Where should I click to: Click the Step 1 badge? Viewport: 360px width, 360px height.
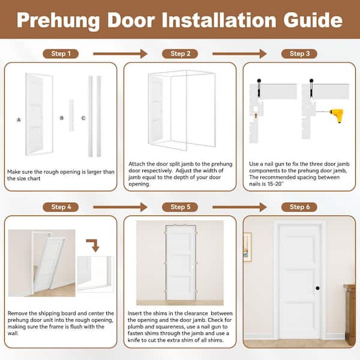tap(61, 54)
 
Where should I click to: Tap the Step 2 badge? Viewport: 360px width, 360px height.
tap(180, 54)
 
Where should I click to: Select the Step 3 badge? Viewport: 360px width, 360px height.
tap(299, 54)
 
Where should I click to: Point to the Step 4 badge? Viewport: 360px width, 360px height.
tap(61, 207)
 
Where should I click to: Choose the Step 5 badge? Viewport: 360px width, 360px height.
tap(180, 207)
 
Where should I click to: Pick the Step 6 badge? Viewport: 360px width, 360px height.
tap(299, 207)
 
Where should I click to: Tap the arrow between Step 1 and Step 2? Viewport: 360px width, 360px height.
tap(120, 54)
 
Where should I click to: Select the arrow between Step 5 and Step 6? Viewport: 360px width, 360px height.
tap(239, 207)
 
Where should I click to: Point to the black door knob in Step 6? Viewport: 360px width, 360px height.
tap(317, 288)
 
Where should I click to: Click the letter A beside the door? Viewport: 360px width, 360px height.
tap(19, 119)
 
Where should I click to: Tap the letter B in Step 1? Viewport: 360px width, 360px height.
tap(62, 118)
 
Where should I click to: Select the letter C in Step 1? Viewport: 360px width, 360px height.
tap(83, 118)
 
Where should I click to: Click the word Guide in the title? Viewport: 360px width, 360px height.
tap(313, 20)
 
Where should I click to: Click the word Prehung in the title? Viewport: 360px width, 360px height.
tap(58, 21)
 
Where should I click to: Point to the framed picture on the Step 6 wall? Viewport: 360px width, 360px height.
tap(247, 247)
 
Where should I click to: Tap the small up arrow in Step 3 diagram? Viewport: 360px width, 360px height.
tap(256, 115)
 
